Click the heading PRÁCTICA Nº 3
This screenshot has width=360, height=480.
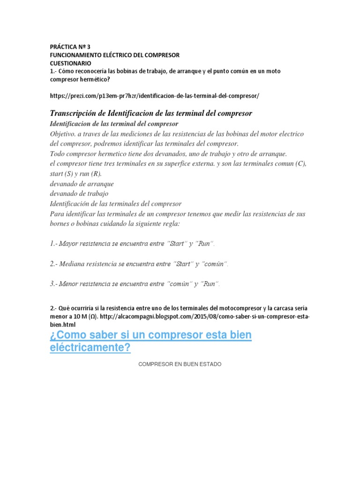[x=72, y=47]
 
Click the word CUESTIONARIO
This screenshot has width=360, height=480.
[x=71, y=63]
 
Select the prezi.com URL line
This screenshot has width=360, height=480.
[x=154, y=96]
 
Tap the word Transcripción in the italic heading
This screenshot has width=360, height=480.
[x=74, y=113]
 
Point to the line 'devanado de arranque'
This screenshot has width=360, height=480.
[x=82, y=183]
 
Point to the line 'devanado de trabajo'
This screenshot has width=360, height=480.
[x=79, y=194]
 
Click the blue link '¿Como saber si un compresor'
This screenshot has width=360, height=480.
[x=150, y=336]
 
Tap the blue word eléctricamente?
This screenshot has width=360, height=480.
[x=90, y=348]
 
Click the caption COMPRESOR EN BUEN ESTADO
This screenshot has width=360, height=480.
[x=180, y=364]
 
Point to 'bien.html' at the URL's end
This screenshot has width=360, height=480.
[x=62, y=324]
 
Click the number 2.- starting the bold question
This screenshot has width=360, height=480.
[x=53, y=308]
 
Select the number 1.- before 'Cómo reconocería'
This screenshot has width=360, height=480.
[x=53, y=71]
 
